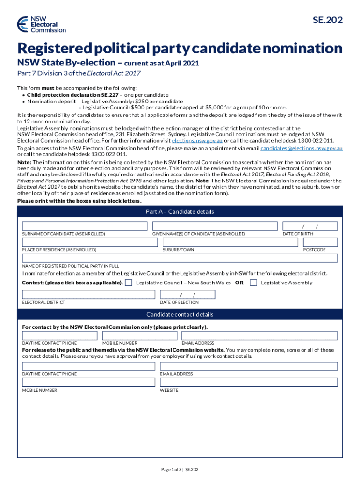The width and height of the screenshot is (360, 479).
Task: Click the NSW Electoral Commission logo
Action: pos(41,24)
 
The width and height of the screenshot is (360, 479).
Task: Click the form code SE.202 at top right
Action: pos(327,20)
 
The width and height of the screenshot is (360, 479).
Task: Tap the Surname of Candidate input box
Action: pos(85,226)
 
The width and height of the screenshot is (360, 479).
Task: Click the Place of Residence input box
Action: pos(90,242)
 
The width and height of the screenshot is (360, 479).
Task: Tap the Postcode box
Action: pos(320,242)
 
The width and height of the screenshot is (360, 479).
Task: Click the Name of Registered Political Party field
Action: pos(180,258)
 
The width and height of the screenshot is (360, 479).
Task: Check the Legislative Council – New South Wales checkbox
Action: pos(129,283)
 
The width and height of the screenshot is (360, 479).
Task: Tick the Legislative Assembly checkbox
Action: pos(253,283)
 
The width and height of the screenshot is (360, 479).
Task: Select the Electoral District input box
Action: pos(89,295)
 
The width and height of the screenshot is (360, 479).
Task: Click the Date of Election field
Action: pos(187,295)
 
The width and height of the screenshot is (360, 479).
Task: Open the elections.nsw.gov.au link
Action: pos(197,140)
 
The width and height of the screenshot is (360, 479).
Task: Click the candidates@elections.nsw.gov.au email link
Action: pos(302,148)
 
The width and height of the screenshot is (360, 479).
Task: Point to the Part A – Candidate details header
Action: pos(180,212)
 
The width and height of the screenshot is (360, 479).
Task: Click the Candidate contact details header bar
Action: pos(180,314)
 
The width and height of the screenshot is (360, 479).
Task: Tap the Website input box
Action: pos(249,383)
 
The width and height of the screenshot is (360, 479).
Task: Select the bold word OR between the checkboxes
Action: pos(239,283)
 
